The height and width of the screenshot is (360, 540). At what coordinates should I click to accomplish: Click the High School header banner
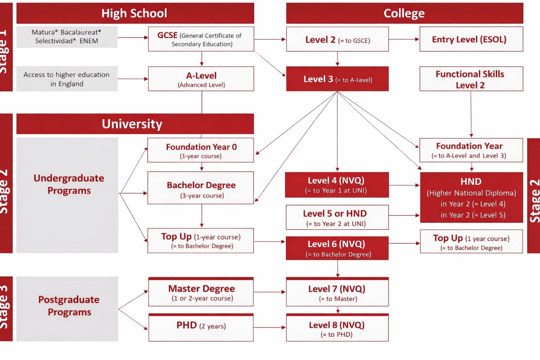[135, 13]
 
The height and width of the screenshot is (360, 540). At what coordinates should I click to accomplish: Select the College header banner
[404, 13]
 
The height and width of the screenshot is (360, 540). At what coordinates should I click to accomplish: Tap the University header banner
[135, 124]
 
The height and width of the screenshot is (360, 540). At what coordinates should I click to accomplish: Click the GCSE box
[201, 39]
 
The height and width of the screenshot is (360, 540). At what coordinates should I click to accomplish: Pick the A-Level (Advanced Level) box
[201, 79]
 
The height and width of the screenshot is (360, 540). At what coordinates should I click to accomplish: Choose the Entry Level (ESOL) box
[471, 39]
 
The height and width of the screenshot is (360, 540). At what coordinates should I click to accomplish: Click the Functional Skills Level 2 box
[471, 79]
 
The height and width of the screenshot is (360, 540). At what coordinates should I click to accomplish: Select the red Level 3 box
[337, 79]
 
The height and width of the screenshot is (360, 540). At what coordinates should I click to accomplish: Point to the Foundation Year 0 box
[201, 150]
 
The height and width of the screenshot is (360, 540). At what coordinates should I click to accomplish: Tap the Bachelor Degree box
[201, 188]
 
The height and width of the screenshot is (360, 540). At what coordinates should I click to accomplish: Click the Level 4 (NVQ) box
[337, 184]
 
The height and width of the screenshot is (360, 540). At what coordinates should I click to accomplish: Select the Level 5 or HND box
[337, 217]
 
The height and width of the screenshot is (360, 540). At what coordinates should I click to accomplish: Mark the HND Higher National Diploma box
[471, 198]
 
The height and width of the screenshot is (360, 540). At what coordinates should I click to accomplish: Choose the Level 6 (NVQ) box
[337, 248]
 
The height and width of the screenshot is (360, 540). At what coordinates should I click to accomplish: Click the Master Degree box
[201, 293]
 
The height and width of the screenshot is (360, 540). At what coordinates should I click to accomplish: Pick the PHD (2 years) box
[201, 327]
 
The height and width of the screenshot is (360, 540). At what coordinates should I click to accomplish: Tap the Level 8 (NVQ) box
[337, 328]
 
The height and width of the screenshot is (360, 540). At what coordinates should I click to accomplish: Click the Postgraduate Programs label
[69, 306]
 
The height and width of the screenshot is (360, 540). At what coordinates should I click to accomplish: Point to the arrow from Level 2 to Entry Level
[403, 39]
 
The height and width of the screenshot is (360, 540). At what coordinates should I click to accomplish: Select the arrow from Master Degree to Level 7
[269, 291]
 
